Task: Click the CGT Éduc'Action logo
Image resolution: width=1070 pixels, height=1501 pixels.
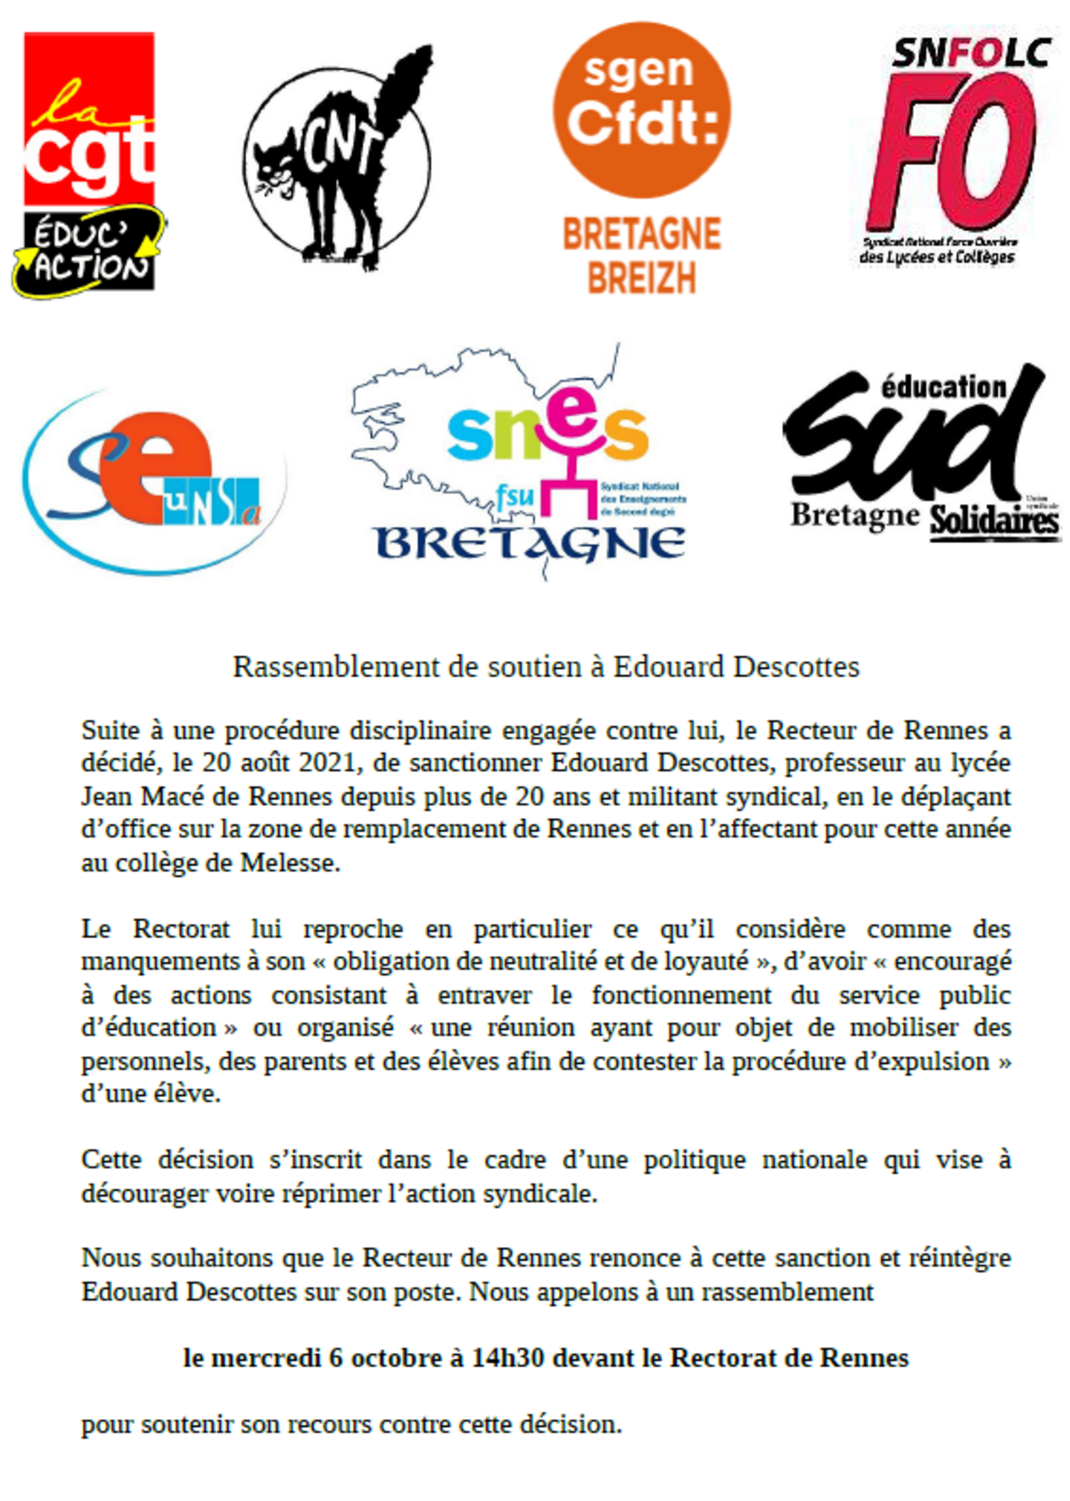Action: point(88,165)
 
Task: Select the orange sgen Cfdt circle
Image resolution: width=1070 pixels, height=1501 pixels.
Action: point(641,110)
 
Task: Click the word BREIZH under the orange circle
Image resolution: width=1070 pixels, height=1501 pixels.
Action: point(641,278)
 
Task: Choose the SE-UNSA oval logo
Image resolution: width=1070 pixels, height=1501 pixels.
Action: point(153,482)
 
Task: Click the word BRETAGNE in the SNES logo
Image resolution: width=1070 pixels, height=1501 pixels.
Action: point(530,543)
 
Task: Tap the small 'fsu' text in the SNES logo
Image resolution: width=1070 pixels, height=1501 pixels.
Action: point(514,497)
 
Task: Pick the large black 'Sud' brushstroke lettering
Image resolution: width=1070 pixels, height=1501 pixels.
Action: point(909,437)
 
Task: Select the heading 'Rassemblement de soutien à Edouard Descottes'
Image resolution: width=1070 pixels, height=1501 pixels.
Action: point(546,667)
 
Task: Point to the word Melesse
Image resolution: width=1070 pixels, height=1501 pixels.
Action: point(292,863)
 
